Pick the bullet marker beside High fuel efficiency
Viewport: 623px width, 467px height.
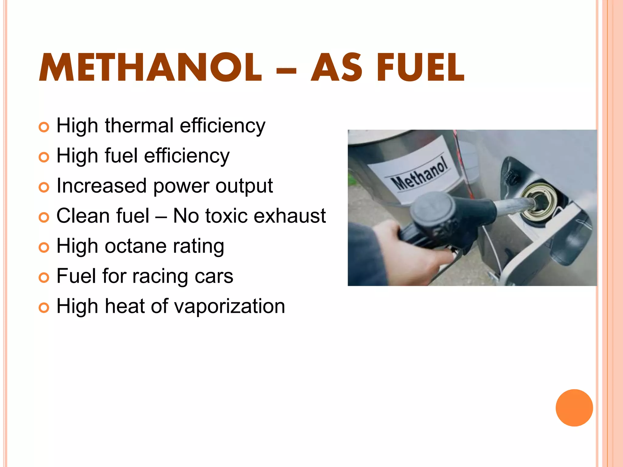[44, 157]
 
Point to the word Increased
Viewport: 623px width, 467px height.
[102, 185]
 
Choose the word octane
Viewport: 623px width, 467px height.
[136, 246]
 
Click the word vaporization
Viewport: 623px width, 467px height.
[230, 306]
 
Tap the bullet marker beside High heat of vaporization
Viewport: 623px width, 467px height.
[44, 308]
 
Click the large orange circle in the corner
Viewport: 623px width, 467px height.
[574, 408]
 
